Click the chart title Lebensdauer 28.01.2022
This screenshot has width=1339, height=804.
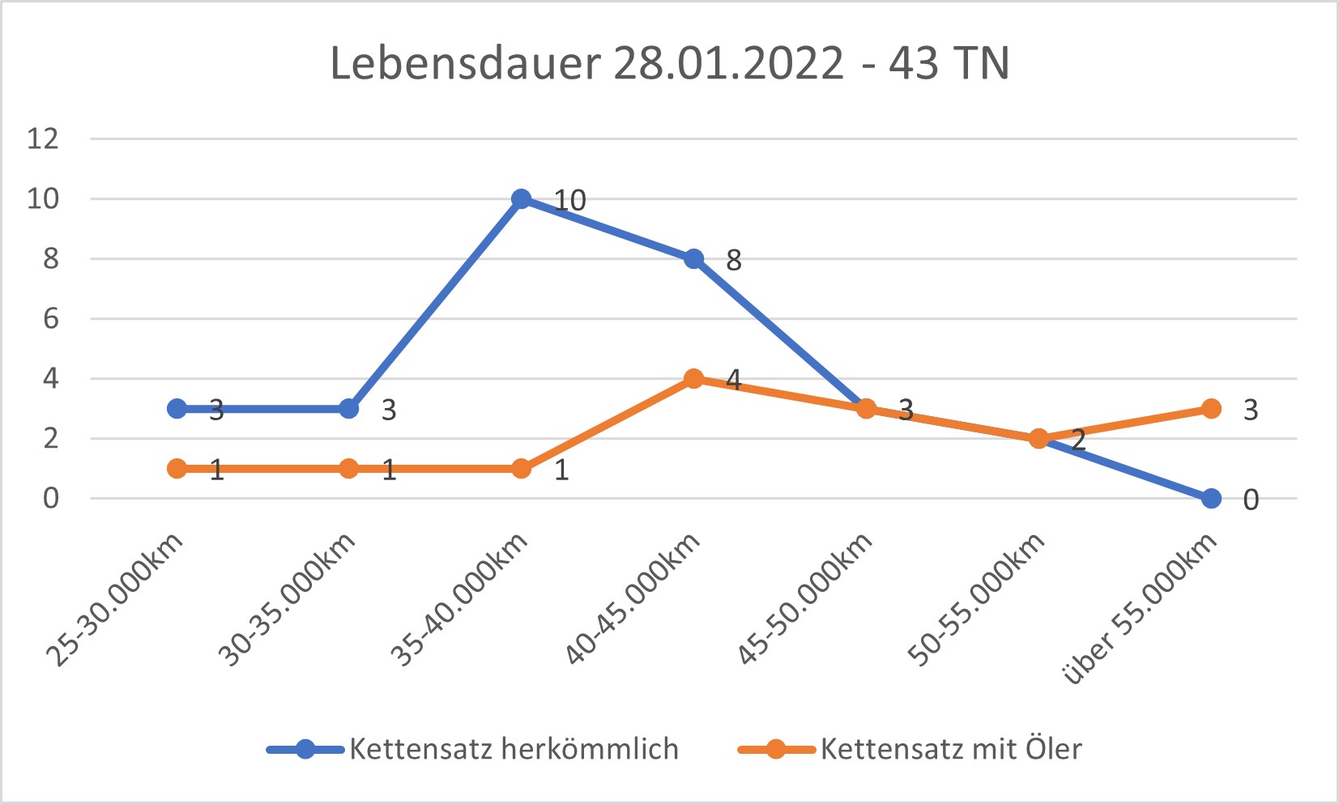[669, 63]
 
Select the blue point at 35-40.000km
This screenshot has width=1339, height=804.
[522, 199]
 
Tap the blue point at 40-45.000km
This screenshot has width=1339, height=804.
[693, 259]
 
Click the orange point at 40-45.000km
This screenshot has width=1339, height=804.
[693, 378]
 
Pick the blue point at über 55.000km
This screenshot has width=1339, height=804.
[1211, 499]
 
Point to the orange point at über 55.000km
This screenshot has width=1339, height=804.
[1211, 409]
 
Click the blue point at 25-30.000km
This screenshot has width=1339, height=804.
[177, 409]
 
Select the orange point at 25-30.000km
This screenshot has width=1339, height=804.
[177, 469]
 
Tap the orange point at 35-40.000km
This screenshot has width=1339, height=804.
[522, 469]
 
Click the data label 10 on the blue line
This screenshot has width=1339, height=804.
[569, 200]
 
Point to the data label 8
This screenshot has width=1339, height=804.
[733, 260]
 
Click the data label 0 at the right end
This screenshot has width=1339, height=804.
[1251, 500]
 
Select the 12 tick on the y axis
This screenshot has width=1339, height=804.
[43, 138]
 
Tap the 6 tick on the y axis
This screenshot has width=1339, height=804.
[51, 318]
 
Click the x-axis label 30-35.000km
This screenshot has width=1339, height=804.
[288, 600]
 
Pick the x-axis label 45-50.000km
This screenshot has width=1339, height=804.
[805, 600]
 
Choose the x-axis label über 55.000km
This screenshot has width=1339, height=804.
[1141, 609]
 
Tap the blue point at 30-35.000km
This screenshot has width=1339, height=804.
[348, 409]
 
